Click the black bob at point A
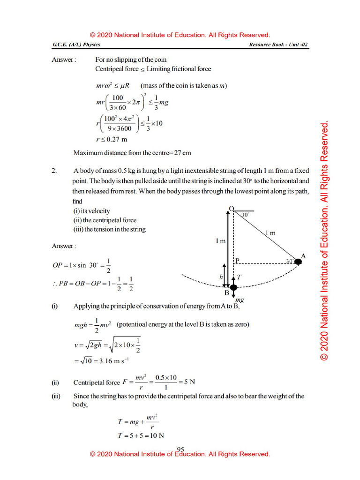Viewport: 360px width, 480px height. click(x=298, y=262)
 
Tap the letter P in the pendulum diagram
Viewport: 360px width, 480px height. click(x=238, y=261)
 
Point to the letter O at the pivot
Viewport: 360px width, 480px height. click(x=231, y=208)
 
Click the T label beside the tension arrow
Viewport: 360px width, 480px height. click(x=239, y=277)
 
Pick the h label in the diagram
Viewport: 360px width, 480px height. click(x=221, y=277)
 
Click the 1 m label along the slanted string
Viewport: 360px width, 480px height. click(x=270, y=233)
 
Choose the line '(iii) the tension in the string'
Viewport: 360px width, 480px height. click(x=109, y=230)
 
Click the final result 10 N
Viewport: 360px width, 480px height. click(x=157, y=435)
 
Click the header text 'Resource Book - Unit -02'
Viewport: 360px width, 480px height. click(x=279, y=45)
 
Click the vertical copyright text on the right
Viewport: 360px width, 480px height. click(x=324, y=241)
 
